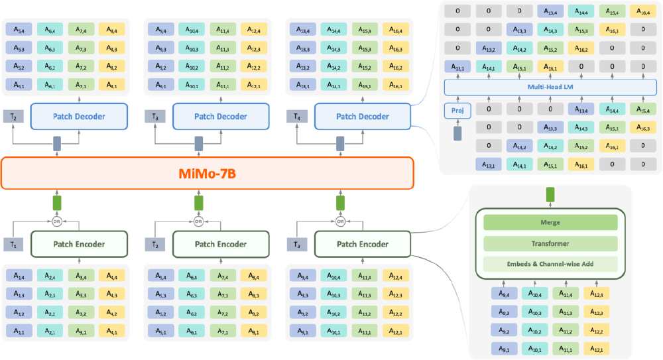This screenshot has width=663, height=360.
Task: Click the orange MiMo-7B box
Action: [208, 174]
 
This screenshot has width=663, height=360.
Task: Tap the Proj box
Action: [456, 110]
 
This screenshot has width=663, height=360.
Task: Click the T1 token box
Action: [13, 244]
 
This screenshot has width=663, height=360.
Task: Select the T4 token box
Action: [297, 117]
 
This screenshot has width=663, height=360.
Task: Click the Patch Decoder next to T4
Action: [363, 117]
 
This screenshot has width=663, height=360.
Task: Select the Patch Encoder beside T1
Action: [79, 244]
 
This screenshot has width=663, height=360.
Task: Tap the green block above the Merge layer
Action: [549, 195]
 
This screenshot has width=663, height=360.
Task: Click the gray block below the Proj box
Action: [456, 133]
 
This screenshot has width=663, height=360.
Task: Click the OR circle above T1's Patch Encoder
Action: [56, 221]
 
